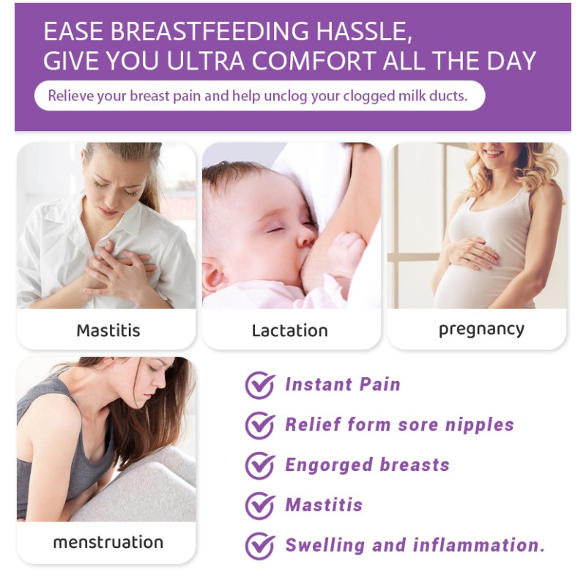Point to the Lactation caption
(290, 330)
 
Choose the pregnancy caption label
(481, 329)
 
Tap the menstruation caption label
(108, 543)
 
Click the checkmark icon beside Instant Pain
(259, 385)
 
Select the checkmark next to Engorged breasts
(259, 465)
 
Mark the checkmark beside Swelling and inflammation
(259, 546)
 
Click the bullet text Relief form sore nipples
(399, 425)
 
